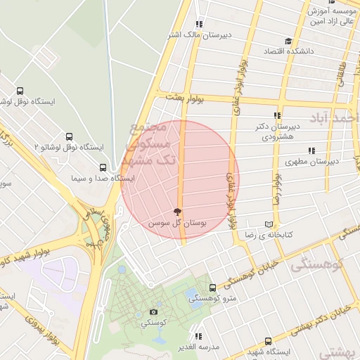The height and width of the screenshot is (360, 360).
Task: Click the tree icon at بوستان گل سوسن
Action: [x=176, y=211]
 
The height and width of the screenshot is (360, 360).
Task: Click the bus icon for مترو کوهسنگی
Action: [x=212, y=288]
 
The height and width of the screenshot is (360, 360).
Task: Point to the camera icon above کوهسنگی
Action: [x=154, y=311]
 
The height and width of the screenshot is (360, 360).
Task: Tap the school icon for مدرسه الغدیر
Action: [x=199, y=336]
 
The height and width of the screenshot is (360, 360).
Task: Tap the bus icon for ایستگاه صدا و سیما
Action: [x=103, y=167]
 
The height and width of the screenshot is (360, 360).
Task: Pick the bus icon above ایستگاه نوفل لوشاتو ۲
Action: [x=69, y=136]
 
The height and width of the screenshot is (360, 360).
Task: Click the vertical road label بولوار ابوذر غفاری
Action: [x=230, y=184]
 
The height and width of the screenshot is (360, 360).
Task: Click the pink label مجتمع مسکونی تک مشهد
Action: [x=147, y=144]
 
